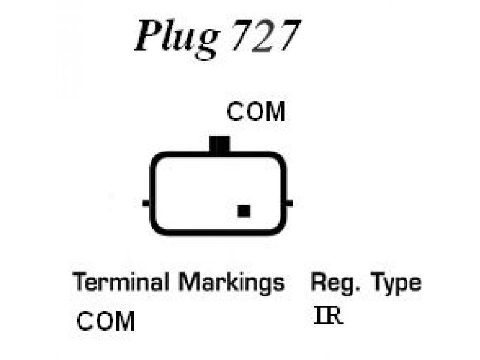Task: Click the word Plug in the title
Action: point(177,38)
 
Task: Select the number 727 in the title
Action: point(265,35)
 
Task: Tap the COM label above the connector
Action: point(256,112)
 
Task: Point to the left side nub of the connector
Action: point(146,203)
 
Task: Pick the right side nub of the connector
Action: point(289,203)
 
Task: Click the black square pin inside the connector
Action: point(244,211)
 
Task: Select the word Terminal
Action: point(121,281)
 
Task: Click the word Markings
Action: point(232,283)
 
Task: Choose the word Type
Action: point(396,284)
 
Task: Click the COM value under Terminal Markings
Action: point(106,321)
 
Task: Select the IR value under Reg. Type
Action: point(328,316)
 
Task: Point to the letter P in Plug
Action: point(148,35)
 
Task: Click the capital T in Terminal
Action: point(82,281)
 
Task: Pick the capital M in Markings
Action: point(188,281)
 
